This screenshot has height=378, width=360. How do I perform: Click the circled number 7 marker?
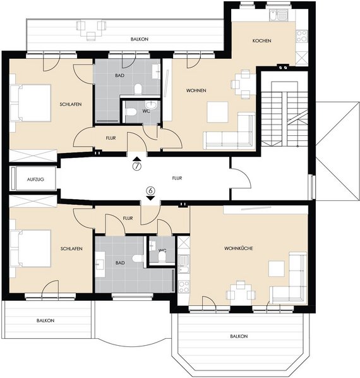[x=137, y=166]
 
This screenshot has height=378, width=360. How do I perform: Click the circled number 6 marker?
[x=150, y=191]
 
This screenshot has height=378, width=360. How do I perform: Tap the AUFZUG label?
[x=35, y=180]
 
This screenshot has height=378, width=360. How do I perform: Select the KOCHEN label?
[x=261, y=40]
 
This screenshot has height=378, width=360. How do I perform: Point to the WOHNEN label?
[x=196, y=90]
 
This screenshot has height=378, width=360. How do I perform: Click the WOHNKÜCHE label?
[x=238, y=248]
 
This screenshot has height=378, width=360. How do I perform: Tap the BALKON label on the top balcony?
[x=140, y=39]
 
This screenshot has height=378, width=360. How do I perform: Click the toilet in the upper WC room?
[x=131, y=112]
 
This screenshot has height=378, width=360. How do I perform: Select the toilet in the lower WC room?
[x=162, y=257]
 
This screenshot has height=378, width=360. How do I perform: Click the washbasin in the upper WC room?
[x=151, y=105]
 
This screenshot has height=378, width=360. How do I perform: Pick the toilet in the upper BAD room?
[x=138, y=88]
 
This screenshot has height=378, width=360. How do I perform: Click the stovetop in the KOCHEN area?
[x=302, y=36]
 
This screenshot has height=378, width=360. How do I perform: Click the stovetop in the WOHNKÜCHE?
[x=184, y=286]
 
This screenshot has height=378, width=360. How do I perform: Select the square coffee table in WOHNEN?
[x=218, y=112]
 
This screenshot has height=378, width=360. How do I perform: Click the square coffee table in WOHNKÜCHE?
[x=277, y=268]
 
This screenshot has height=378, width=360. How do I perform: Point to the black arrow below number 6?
[x=150, y=198]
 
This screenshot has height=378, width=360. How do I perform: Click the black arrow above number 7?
[x=137, y=159]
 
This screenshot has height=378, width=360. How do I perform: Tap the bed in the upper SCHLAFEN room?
[x=31, y=102]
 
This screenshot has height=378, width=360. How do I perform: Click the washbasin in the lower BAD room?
[x=100, y=264]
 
